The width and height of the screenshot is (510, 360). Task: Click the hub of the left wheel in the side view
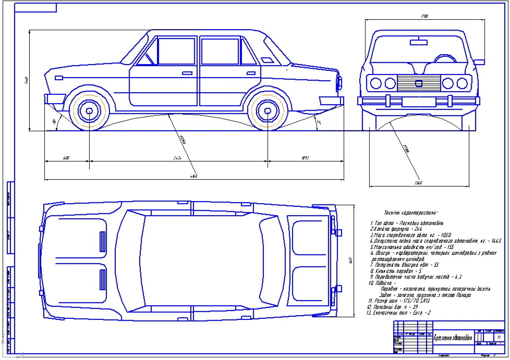90,111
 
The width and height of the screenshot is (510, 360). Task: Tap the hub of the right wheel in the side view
268,111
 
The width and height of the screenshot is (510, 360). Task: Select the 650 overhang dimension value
66,157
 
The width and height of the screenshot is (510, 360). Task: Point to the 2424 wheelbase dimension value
177,157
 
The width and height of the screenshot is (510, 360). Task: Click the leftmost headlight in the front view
375,83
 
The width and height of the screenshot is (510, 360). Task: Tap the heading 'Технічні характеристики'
411,213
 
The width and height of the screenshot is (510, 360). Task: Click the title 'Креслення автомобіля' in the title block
453,338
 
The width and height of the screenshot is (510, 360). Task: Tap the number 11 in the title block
499,338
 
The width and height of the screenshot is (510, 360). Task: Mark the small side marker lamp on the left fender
59,78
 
